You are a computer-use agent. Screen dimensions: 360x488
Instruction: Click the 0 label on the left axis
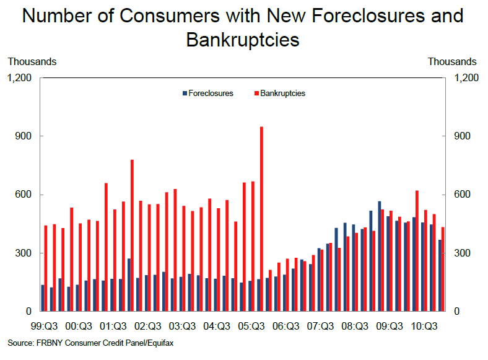pos(30,312)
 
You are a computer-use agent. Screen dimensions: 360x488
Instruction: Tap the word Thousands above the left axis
pos(32,61)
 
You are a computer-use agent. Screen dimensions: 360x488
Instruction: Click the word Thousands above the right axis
pos(452,61)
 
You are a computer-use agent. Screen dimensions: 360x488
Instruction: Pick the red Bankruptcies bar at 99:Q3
pos(46,268)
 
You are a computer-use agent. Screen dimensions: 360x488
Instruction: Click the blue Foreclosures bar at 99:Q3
pos(42,298)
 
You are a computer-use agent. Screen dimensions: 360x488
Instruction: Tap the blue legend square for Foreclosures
pos(184,94)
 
